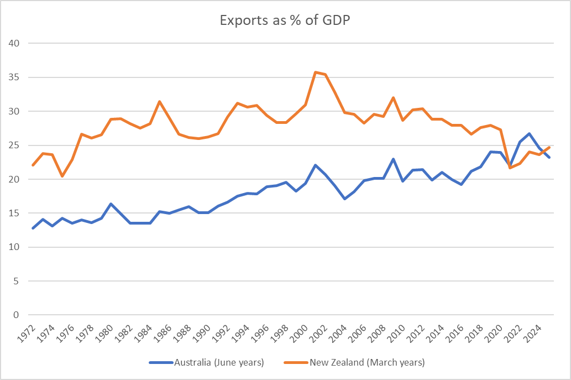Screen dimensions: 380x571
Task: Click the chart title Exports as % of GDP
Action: coord(285,20)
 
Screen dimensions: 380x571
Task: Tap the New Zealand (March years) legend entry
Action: coord(367,362)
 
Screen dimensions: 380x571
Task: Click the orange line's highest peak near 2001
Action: coord(316,72)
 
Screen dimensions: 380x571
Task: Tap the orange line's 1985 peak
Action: coord(160,101)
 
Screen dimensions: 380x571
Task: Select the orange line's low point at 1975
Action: coord(62,176)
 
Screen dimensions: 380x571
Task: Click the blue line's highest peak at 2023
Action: coord(530,133)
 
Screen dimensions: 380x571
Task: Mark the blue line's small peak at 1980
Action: coord(111,204)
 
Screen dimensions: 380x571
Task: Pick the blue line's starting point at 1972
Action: coord(33,228)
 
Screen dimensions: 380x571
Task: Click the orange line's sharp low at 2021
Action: coord(510,168)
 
